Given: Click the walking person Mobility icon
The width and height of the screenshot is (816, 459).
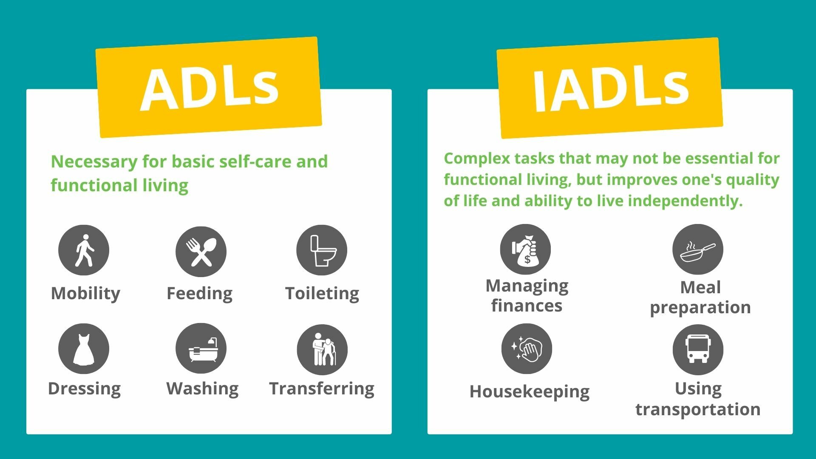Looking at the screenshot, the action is (84, 250).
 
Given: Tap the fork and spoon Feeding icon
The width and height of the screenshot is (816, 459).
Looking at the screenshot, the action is (201, 252).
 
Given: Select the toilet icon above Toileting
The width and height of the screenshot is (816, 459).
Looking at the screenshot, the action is (322, 250).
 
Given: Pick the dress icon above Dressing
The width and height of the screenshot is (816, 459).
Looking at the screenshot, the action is (84, 349).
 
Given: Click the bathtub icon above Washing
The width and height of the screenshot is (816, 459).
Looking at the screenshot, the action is (201, 348).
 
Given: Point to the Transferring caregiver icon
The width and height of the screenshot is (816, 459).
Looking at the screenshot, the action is (322, 350).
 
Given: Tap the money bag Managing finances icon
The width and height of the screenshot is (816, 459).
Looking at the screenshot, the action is (525, 249).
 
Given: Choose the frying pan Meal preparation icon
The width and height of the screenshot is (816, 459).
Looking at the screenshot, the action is (698, 249).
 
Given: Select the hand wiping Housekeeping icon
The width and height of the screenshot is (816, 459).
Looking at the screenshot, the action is (527, 349).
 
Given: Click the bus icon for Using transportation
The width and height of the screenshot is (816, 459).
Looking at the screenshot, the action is (698, 350).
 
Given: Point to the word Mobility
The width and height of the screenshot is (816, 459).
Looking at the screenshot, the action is (85, 294).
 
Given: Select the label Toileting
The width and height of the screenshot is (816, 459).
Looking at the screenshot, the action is (322, 294).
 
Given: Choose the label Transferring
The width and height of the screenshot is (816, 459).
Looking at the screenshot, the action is (322, 389).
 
